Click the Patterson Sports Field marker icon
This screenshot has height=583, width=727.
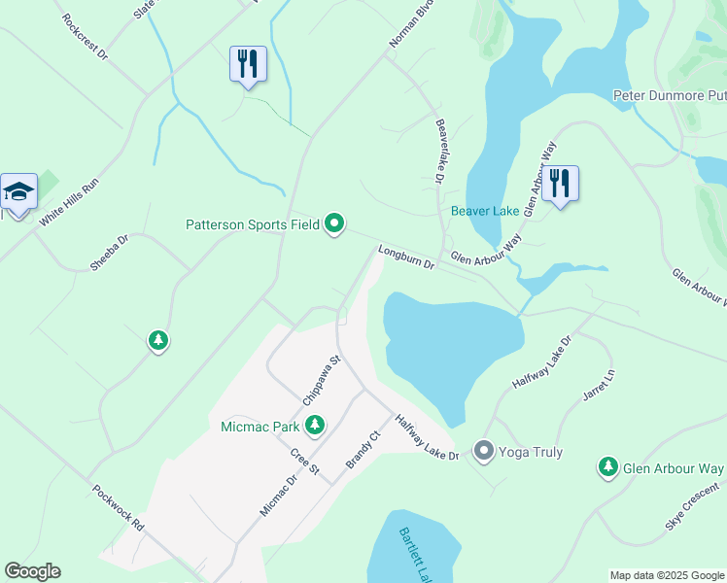click(334, 224)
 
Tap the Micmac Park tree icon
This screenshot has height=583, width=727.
click(314, 425)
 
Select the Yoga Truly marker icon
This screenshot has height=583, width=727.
click(484, 451)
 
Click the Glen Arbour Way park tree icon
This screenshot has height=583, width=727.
click(608, 468)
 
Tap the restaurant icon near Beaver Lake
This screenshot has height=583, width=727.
click(560, 183)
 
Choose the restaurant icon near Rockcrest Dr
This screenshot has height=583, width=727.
click(247, 64)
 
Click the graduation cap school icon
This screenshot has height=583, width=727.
click(18, 191)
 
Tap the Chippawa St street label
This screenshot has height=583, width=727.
click(323, 380)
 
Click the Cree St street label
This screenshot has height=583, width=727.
click(305, 462)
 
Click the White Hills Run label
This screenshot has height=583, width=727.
click(69, 202)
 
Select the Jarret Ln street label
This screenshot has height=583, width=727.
click(599, 388)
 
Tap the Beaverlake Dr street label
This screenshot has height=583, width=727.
click(439, 152)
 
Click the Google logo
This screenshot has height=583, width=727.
click(32, 571)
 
